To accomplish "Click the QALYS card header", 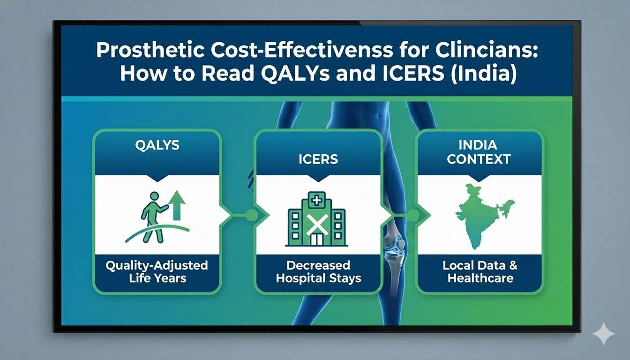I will click(157, 145).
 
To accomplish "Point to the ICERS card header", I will click(318, 159).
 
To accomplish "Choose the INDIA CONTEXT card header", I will click(478, 152).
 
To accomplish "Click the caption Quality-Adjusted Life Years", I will click(157, 272).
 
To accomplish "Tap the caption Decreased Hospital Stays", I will click(318, 272).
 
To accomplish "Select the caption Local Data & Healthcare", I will click(480, 272).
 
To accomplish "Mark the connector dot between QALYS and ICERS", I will click(251, 215).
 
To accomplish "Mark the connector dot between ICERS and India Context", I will click(412, 215).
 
